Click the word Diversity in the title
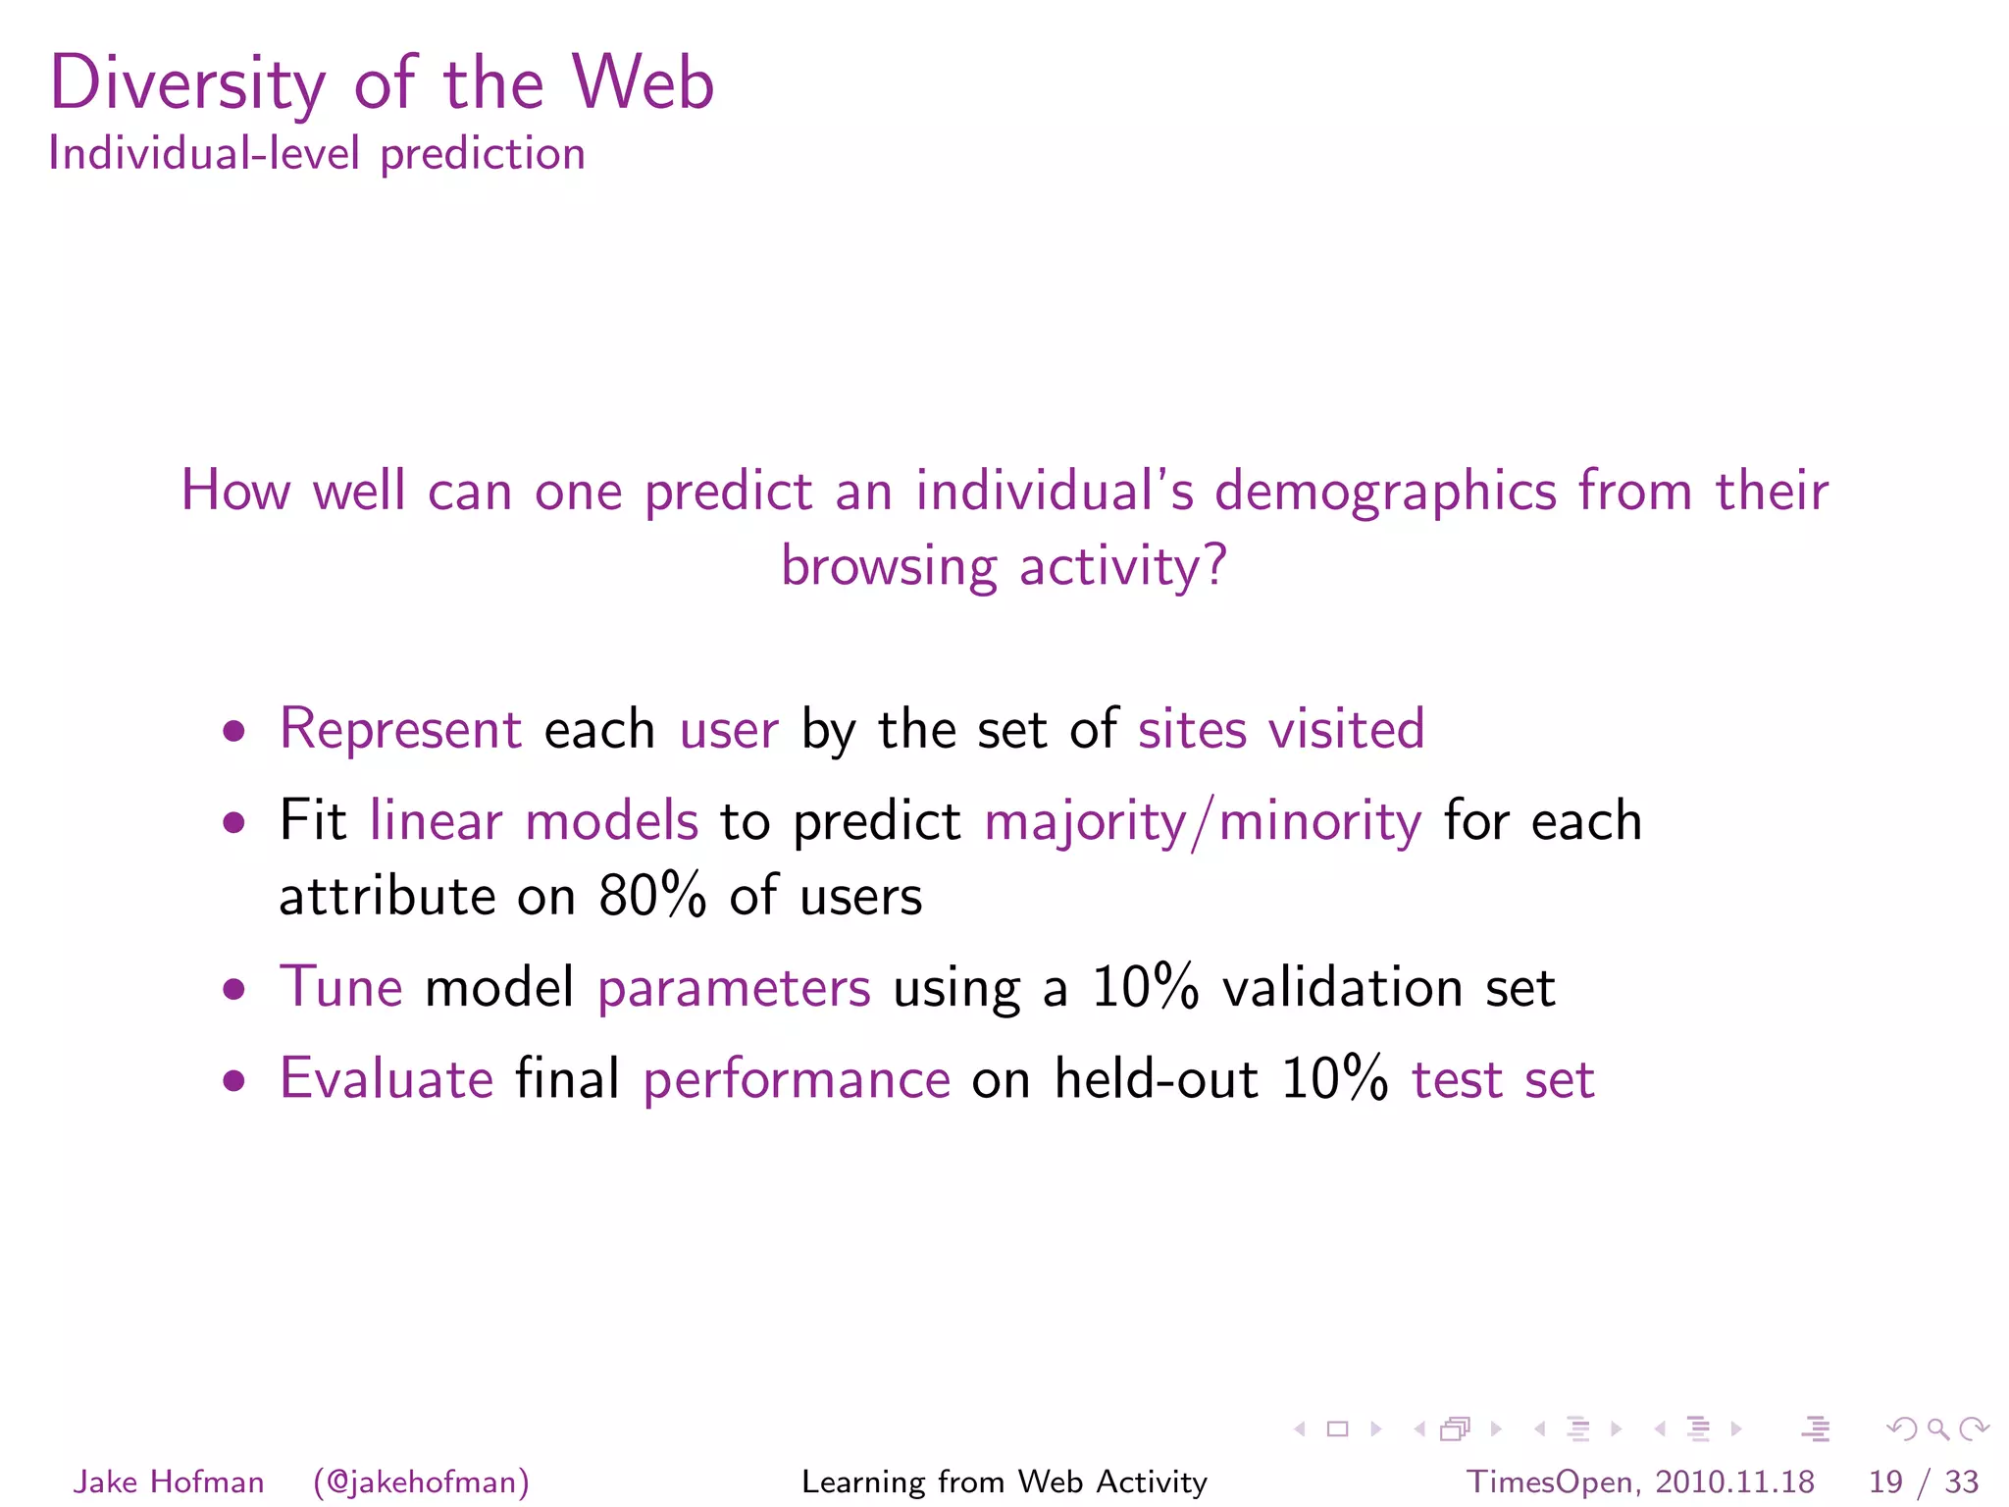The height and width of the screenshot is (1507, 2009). point(186,84)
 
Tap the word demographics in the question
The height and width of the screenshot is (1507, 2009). point(1385,491)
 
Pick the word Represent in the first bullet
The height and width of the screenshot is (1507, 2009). point(400,729)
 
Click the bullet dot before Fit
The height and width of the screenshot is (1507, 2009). point(233,821)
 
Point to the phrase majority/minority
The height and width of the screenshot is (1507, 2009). point(1203,821)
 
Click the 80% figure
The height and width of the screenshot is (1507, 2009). point(652,896)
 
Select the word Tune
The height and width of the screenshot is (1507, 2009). point(340,987)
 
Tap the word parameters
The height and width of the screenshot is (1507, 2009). point(734,989)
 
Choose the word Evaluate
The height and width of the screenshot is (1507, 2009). point(386,1079)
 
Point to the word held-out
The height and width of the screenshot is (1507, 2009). point(1156,1079)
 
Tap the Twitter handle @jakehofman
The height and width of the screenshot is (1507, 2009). point(422,1481)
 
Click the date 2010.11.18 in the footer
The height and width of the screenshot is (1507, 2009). point(1734,1481)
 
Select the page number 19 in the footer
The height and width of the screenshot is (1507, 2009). point(1885,1481)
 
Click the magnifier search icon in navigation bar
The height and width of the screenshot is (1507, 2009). point(1937,1429)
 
